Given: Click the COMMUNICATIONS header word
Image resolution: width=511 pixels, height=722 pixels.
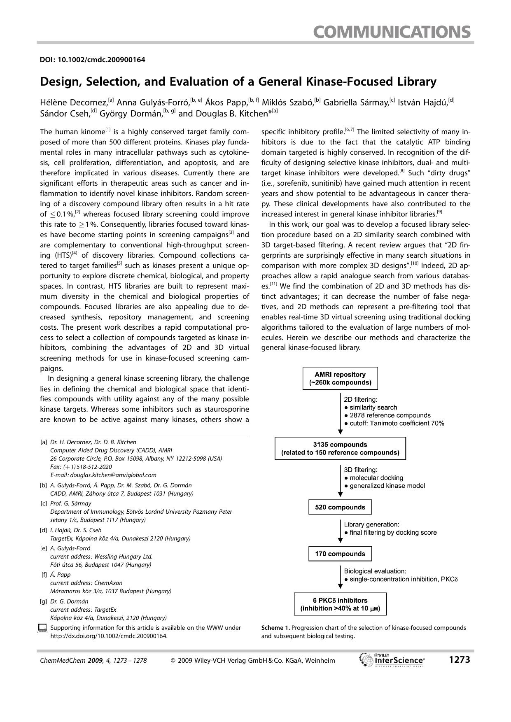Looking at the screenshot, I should [392, 31].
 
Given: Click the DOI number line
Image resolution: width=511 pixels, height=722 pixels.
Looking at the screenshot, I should [92, 60].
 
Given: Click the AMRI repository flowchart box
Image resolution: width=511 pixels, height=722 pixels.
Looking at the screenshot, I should [340, 378].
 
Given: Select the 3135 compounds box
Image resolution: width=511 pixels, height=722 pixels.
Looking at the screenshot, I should [340, 449].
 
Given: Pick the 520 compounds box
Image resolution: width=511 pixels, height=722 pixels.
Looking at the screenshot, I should [340, 507].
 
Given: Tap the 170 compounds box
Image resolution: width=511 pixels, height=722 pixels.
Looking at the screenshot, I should [340, 554].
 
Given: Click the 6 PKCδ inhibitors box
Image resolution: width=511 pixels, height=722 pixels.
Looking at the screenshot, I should [340, 604].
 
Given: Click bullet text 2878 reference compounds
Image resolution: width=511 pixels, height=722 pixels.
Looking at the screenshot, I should [390, 415].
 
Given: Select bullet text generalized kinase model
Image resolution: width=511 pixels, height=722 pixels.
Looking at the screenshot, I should [387, 486].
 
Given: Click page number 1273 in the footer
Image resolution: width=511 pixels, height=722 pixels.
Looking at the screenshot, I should [459, 660].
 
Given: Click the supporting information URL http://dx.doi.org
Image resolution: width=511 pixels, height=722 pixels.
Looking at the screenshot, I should [109, 636].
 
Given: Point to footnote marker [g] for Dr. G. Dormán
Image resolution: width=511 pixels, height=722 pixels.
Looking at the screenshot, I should [43, 601].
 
